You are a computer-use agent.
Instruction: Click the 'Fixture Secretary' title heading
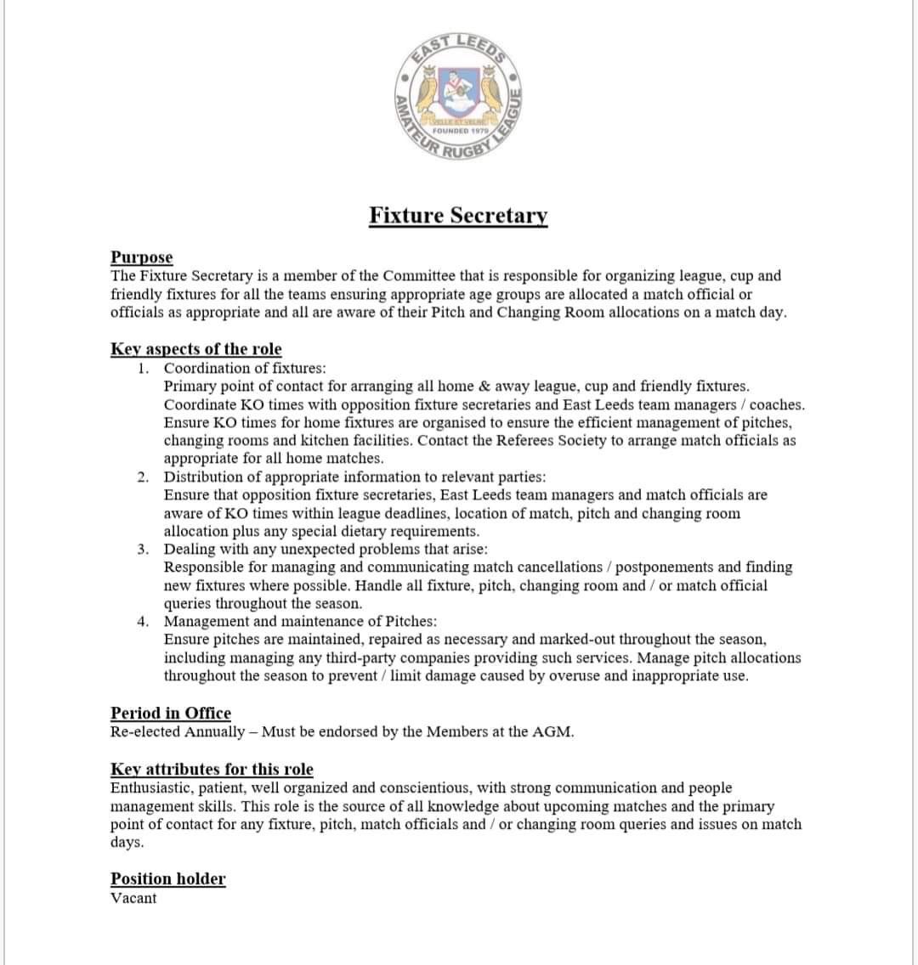click(458, 216)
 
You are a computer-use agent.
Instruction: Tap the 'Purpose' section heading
click(141, 257)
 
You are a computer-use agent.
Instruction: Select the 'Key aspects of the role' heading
click(195, 349)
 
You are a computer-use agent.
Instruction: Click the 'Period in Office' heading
click(170, 714)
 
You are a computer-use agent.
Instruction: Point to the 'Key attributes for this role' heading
click(212, 770)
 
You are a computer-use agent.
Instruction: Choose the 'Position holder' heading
click(167, 879)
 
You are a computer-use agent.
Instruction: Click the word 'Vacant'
click(133, 898)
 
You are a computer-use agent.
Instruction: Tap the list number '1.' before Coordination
click(144, 369)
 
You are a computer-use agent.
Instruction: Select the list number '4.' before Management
click(144, 622)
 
